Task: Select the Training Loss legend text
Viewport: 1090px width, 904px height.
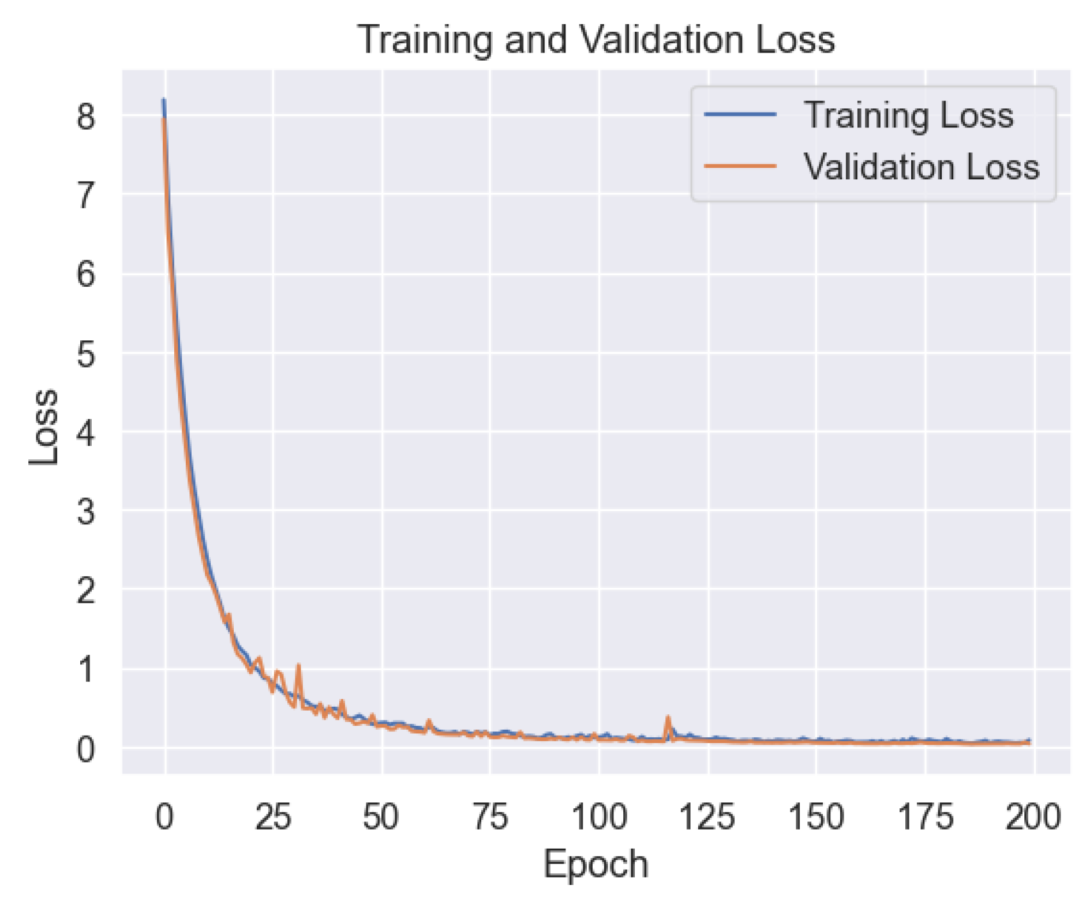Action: (908, 115)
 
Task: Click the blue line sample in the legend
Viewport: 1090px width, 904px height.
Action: (740, 115)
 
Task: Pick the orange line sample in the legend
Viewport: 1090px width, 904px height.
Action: (740, 167)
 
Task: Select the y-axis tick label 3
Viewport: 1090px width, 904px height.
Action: (85, 512)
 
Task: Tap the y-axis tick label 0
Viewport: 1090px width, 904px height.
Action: (85, 749)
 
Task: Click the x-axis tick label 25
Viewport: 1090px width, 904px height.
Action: (273, 817)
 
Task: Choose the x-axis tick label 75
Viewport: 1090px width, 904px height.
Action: (490, 817)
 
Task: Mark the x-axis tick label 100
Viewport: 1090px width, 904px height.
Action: (598, 817)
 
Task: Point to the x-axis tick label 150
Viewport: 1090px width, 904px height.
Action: (815, 817)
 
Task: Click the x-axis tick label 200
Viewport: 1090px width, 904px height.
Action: (1032, 817)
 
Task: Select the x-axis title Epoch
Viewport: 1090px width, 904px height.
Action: (595, 864)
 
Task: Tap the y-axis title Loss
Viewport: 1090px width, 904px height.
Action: (44, 426)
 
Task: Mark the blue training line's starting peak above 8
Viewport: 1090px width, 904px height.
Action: (164, 100)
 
